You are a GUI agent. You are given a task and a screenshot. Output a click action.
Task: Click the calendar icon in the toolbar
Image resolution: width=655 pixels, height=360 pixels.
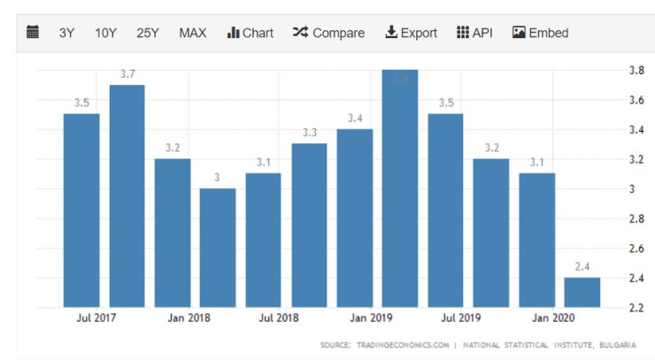[x=33, y=33]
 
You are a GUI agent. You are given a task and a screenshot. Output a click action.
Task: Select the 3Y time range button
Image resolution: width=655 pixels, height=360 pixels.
[x=66, y=33]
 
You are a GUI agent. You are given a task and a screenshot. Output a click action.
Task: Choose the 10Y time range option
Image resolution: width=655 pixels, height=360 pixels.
[x=105, y=33]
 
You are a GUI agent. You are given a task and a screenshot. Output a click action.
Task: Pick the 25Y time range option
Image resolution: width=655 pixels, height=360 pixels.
[x=148, y=33]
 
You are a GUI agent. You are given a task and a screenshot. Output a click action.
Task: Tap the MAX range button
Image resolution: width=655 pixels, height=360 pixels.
[x=192, y=33]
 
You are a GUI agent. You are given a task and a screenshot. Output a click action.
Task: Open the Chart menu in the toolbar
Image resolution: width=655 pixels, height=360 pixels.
[x=250, y=33]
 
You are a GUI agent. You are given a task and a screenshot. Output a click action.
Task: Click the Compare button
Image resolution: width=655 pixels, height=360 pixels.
[x=328, y=33]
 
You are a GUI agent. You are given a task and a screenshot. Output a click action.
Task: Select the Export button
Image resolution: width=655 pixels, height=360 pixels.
[x=411, y=33]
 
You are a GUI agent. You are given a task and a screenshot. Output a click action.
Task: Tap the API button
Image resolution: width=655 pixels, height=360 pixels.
[x=474, y=33]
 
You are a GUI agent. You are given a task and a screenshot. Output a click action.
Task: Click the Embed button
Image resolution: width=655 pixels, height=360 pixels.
[x=540, y=33]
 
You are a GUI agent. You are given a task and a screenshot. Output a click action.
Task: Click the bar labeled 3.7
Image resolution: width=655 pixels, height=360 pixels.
[x=127, y=195]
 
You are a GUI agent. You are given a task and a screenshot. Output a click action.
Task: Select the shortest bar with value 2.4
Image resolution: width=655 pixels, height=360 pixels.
[x=582, y=292]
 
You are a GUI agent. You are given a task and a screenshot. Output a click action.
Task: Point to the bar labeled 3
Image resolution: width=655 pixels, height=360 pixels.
[x=218, y=248]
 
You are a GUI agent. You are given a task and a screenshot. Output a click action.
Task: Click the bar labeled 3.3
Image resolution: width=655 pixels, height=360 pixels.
[x=309, y=225]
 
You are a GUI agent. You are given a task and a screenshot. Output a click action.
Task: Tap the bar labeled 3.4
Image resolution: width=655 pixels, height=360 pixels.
[x=355, y=218]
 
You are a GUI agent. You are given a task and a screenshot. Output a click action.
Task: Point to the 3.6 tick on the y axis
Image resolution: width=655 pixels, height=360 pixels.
[x=636, y=100]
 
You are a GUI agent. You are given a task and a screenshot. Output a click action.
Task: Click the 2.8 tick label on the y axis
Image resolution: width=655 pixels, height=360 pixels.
[x=636, y=218]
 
